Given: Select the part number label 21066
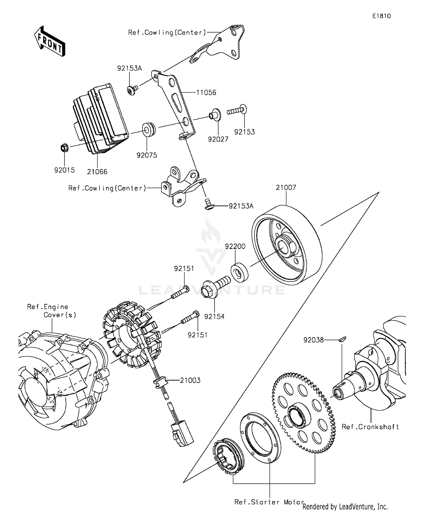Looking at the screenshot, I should tap(97, 172).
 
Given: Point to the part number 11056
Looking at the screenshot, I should tap(206, 93).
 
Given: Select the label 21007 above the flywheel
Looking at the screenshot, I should tap(286, 187).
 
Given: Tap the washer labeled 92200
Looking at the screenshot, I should tap(240, 272).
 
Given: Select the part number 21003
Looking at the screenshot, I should tap(190, 380).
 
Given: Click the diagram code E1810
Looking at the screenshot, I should tap(381, 16).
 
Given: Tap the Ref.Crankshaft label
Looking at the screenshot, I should tap(370, 427).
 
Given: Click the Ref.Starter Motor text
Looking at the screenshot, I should tap(269, 502).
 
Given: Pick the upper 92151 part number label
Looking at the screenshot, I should tap(184, 268).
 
